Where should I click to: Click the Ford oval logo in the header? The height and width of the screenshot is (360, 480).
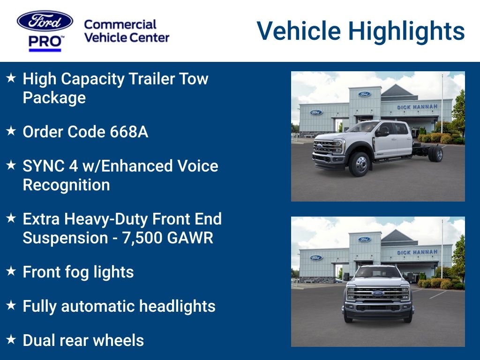[x=45, y=21]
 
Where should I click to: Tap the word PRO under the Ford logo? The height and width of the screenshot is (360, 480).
[x=45, y=42]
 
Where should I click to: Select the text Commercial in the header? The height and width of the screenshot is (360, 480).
[x=120, y=24]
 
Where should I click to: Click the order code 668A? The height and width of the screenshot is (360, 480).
[x=129, y=132]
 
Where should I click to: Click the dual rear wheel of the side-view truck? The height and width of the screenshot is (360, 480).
[x=435, y=153]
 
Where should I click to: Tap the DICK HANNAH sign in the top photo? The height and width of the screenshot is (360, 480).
[x=417, y=107]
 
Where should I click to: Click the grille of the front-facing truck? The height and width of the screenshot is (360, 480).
[x=378, y=294]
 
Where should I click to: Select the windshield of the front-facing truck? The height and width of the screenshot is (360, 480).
[x=378, y=272]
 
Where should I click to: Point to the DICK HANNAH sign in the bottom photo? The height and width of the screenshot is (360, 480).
[x=417, y=252]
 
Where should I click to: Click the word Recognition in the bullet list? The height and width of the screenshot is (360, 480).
[x=66, y=185]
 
